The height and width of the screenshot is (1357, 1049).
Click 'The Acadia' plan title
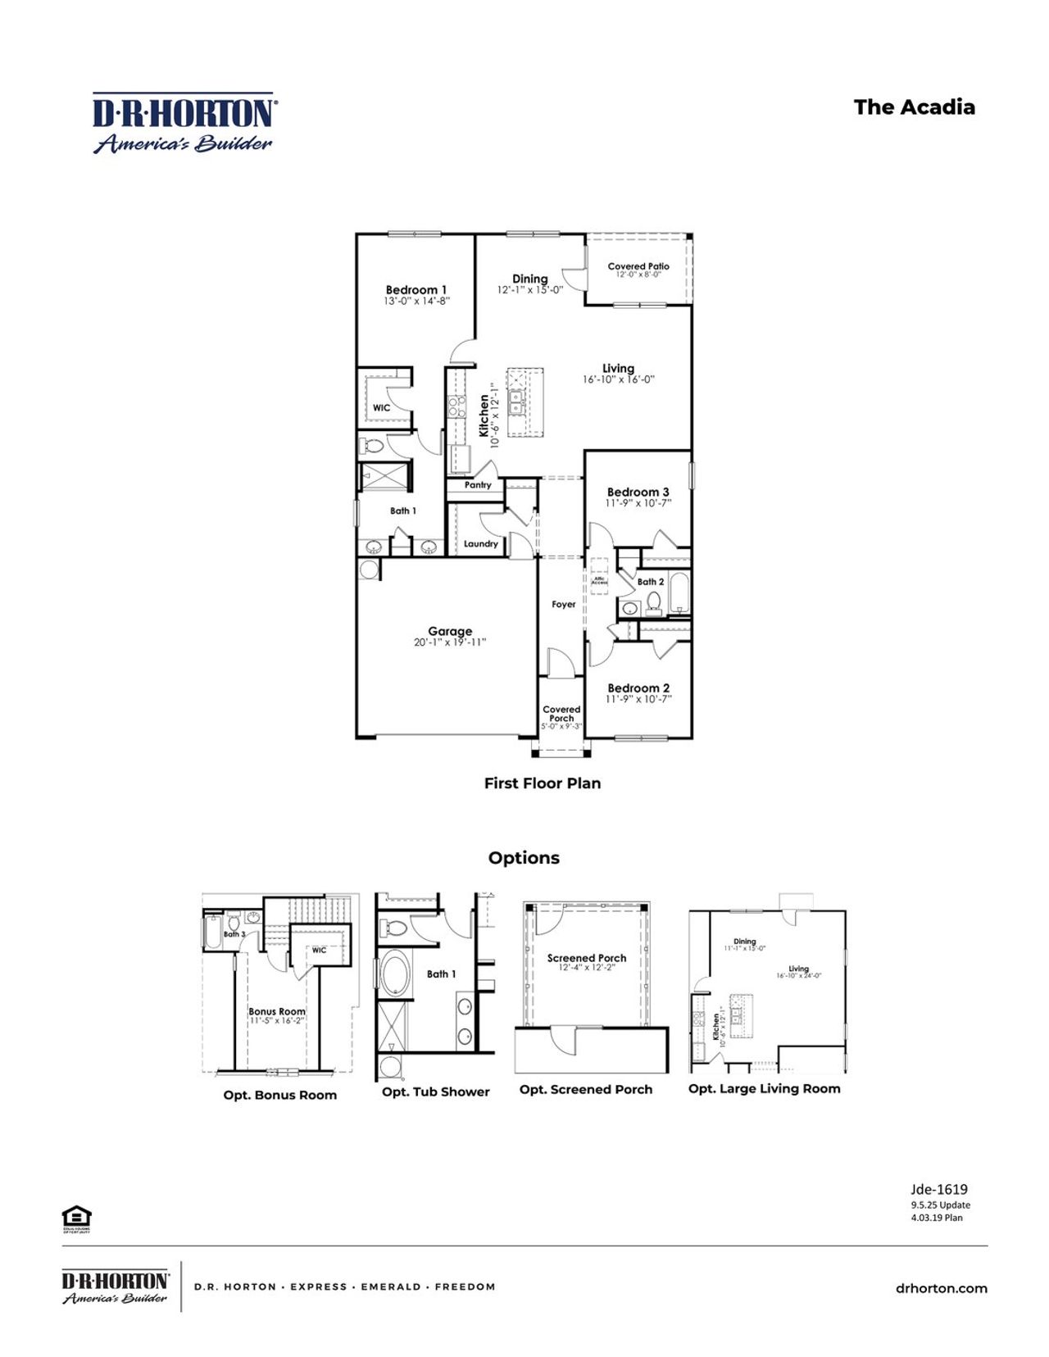pos(914,107)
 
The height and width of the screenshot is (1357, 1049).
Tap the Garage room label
pos(450,631)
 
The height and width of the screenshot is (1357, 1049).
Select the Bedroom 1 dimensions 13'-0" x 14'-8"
pos(416,302)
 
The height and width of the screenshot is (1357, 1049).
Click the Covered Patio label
pos(638,266)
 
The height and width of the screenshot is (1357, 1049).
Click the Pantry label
pos(478,485)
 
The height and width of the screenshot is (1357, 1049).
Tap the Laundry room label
pos(480,544)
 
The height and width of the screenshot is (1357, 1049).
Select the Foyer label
pos(563,605)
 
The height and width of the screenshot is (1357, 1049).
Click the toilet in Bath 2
pos(653,603)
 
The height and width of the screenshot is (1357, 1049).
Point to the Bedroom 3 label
pos(638,492)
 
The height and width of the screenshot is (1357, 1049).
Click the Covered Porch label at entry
pos(561,714)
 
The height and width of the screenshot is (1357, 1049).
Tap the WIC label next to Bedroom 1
pos(382,408)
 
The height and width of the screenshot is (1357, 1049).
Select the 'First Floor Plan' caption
pos(542,783)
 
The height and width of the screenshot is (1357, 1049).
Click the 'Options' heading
pos(524,858)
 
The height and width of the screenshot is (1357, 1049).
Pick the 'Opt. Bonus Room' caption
pos(279,1096)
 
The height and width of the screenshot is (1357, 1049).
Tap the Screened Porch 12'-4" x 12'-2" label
pos(587,962)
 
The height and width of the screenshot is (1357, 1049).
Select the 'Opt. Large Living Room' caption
pos(764,1089)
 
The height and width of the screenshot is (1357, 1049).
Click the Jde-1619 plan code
pos(939,1189)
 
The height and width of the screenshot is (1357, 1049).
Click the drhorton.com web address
pos(941,1288)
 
